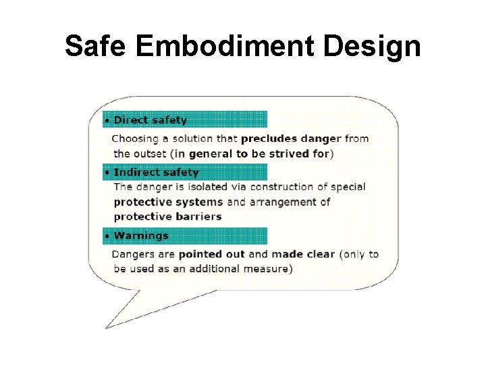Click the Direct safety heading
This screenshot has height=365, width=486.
click(x=150, y=120)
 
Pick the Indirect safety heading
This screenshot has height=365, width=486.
click(x=156, y=172)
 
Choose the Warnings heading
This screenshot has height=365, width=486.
click(x=141, y=236)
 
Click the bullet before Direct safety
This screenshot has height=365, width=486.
click(x=107, y=121)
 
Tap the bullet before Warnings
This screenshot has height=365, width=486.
click(x=107, y=237)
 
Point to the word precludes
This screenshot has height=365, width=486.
click(x=269, y=139)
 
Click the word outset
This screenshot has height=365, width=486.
click(x=151, y=153)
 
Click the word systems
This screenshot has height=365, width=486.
click(x=203, y=202)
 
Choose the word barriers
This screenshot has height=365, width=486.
click(x=198, y=217)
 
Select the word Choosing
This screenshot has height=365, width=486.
click(x=134, y=139)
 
